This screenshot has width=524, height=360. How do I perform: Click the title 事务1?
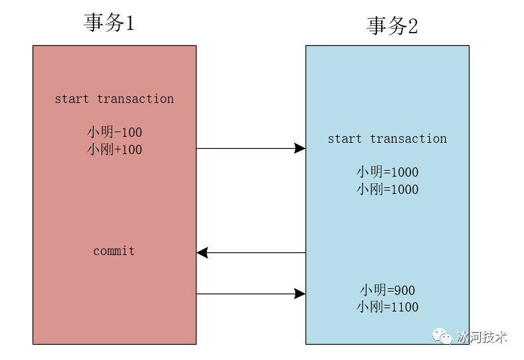109,23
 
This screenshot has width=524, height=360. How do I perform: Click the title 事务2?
392,25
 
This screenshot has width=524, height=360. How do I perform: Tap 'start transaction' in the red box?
114,99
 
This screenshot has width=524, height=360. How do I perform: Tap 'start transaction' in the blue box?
387,139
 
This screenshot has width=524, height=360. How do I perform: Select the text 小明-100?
114,132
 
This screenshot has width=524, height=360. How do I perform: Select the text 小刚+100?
114,149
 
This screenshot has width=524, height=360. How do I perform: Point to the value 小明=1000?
387,172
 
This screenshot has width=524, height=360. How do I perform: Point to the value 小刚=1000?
387,189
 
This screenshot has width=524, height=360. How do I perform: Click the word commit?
114,250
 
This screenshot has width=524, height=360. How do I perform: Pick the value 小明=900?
387,290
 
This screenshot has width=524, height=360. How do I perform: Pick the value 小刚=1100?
387,307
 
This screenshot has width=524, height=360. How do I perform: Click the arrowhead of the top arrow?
300,148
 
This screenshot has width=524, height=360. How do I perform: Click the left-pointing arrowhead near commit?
202,252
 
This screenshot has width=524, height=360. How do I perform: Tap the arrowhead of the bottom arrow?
300,294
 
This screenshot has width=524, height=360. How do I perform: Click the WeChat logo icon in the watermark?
442,336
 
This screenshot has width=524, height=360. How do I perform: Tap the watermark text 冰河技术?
481,337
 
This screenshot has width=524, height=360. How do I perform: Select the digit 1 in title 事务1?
130,23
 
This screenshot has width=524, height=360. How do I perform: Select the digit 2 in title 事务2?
412,26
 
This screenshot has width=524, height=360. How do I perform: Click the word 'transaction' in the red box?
135,99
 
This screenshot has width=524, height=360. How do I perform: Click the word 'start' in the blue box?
345,139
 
